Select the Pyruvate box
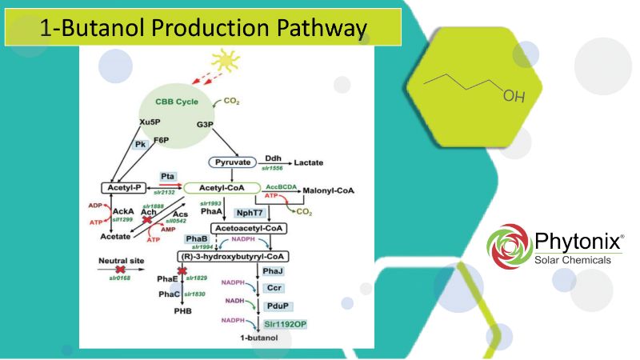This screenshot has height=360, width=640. tap(231, 162)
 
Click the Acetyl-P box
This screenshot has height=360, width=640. tap(121, 188)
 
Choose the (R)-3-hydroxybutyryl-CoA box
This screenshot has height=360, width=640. tap(233, 256)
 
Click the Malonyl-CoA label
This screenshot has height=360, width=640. tap(328, 191)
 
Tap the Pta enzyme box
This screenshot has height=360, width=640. tap(167, 176)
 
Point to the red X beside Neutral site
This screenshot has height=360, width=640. tap(121, 272)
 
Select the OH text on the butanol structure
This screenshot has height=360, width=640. tap(514, 97)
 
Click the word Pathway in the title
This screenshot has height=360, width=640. tap(317, 29)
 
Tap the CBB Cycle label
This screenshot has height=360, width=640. tap(175, 102)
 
